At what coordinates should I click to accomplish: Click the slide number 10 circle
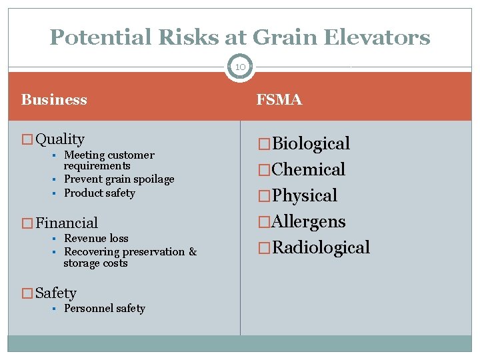(x=240, y=67)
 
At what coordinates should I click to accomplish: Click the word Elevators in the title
(x=377, y=37)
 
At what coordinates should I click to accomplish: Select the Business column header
(x=54, y=100)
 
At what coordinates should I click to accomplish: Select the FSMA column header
(x=279, y=100)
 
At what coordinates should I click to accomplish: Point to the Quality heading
(x=60, y=139)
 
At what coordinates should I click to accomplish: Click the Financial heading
(x=67, y=223)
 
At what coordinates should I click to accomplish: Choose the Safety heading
(x=56, y=293)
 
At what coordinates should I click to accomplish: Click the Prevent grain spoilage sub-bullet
(x=119, y=179)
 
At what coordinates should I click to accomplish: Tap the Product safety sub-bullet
(x=99, y=193)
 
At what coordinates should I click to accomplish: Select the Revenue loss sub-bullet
(x=96, y=239)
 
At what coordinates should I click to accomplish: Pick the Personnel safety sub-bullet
(x=104, y=309)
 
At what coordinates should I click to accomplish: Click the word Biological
(x=311, y=144)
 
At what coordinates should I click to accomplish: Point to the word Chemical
(x=309, y=170)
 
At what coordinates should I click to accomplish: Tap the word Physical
(x=305, y=196)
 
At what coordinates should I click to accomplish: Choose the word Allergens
(x=309, y=222)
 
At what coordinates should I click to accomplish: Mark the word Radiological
(x=321, y=248)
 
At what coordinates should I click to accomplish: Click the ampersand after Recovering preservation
(x=193, y=252)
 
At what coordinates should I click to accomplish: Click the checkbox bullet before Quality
(x=27, y=140)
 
